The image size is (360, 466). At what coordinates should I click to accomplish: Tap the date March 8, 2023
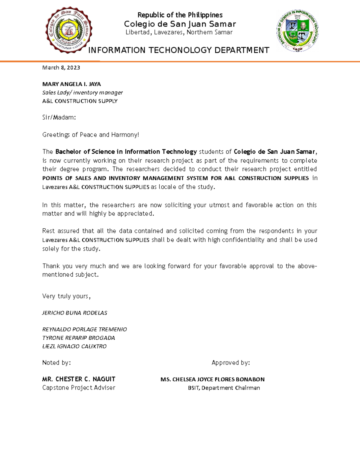pos(61,68)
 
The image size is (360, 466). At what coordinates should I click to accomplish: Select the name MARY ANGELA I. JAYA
pos(71,84)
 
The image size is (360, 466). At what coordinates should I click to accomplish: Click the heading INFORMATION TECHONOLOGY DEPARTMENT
pos(178,50)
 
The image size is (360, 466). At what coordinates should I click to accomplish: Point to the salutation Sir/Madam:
pos(59,118)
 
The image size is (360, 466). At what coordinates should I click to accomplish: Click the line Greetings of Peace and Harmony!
pos(91,135)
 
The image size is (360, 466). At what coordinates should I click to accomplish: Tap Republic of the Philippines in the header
pos(180,15)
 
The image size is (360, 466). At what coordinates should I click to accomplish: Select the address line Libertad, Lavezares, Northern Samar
pos(179,32)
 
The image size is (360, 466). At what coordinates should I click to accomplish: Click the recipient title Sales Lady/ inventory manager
pos(82,93)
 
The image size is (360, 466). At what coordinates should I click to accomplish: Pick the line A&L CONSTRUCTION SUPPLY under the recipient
pos(80,101)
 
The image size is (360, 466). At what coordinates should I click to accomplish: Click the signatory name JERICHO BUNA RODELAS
pos(75,313)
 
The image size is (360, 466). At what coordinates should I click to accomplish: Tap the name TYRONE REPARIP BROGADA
pos(79,338)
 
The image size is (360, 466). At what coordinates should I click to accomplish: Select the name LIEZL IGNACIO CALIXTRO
pos(74,346)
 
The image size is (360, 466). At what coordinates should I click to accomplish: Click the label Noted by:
pos(56,363)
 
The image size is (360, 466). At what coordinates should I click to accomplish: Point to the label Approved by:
pos(231,363)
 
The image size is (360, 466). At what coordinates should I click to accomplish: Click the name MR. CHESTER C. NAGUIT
pos(79,379)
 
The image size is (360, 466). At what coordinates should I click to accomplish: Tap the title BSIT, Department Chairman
pos(224,388)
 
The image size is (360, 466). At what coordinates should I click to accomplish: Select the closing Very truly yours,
pos(66,296)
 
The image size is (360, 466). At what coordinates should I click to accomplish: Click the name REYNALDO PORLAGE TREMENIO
pos(85,329)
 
